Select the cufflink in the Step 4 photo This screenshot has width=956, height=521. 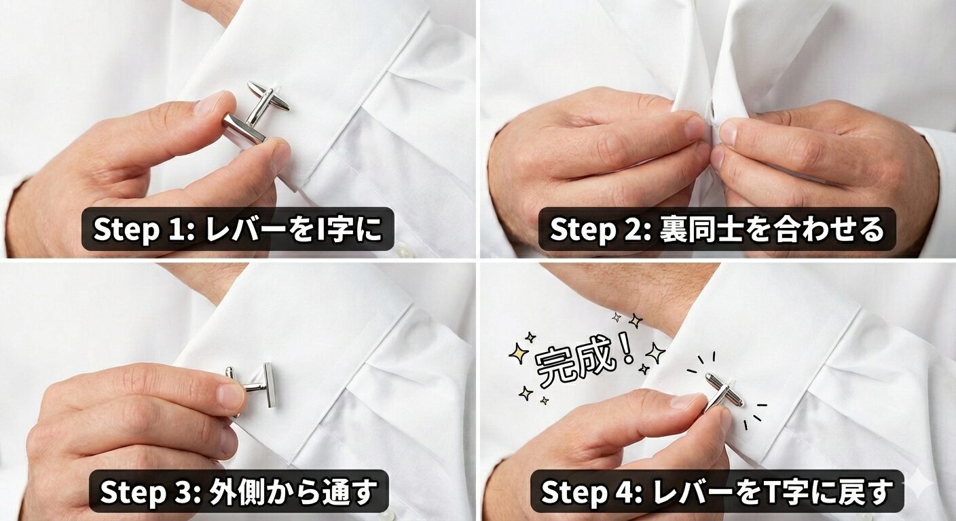click(721, 392)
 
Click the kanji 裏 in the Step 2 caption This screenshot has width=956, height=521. click(674, 230)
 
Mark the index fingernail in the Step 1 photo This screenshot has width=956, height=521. click(215, 103)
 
